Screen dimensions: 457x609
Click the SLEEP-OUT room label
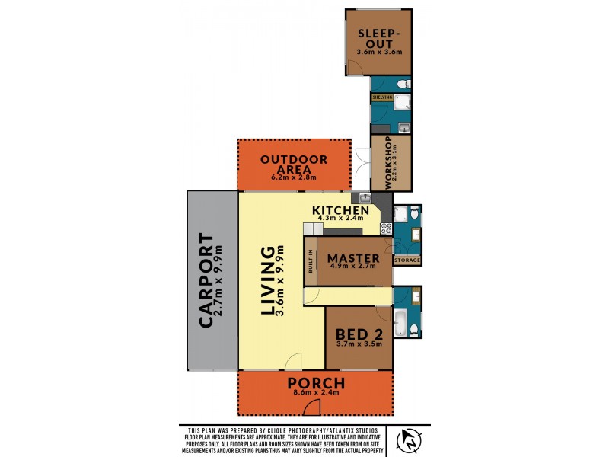[x=379, y=37]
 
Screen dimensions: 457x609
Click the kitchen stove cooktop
[x=385, y=226]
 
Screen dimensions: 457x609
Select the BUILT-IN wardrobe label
[x=311, y=262]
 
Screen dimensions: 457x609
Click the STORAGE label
[x=407, y=260]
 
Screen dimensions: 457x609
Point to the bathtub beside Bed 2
[x=400, y=322]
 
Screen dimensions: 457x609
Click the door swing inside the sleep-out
[x=354, y=68]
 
